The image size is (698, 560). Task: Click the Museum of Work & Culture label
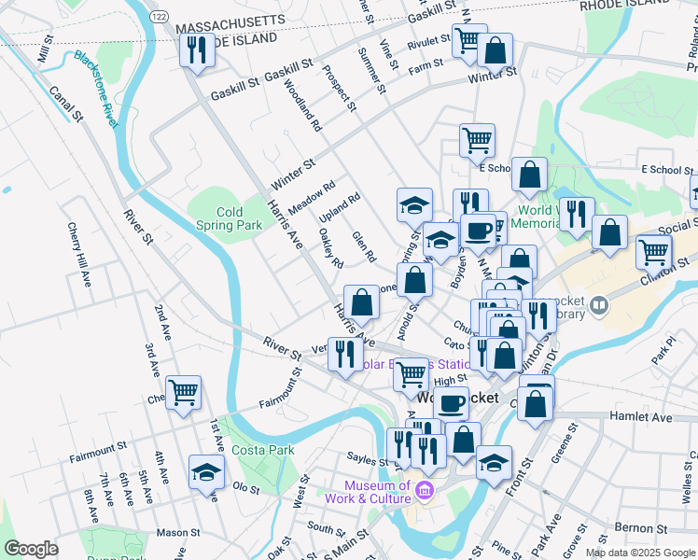[377, 492]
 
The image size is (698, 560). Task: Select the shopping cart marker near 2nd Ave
[183, 392]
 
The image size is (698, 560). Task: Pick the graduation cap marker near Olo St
[206, 471]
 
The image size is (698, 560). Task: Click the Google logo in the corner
[30, 549]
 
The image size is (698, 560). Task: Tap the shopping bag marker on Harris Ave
[362, 301]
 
